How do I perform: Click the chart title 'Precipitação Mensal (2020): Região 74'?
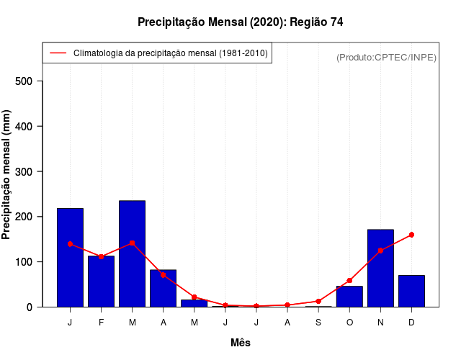(240, 22)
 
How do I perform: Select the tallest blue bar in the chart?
(132, 253)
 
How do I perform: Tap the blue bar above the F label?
(101, 281)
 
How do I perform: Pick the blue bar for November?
(380, 268)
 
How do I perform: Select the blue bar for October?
(349, 296)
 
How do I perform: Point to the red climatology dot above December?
(411, 235)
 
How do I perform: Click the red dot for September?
(318, 301)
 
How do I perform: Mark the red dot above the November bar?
(380, 251)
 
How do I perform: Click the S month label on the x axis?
(318, 323)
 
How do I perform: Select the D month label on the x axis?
(411, 323)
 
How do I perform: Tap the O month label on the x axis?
(349, 323)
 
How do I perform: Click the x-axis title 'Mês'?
(241, 343)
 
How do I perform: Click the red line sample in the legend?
(58, 53)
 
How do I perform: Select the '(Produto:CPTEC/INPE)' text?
(386, 57)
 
